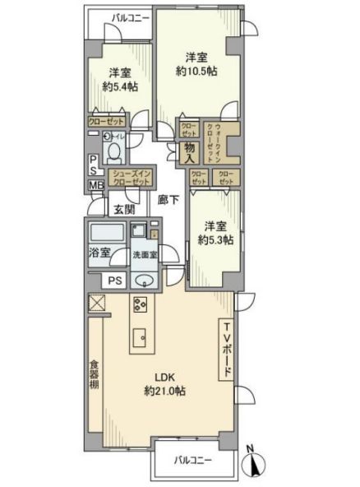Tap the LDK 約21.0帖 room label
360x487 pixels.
(x=164, y=384)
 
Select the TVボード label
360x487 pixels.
(x=228, y=349)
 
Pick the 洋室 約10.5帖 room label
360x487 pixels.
(x=195, y=64)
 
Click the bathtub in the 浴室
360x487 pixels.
(x=104, y=232)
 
